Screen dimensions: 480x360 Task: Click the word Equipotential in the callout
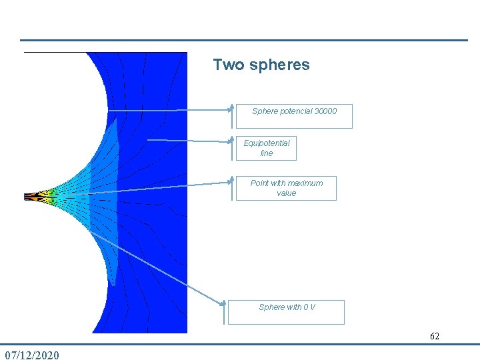click(267, 143)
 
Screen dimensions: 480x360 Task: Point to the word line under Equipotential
click(267, 153)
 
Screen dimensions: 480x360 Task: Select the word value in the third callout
click(286, 193)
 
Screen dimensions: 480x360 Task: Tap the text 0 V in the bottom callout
click(309, 307)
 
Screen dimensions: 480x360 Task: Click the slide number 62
click(435, 336)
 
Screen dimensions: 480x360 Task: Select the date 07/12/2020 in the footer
click(31, 355)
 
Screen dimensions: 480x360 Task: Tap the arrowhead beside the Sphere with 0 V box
click(223, 304)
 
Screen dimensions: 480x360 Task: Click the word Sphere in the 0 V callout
click(271, 307)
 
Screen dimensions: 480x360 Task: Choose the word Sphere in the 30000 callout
click(264, 111)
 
